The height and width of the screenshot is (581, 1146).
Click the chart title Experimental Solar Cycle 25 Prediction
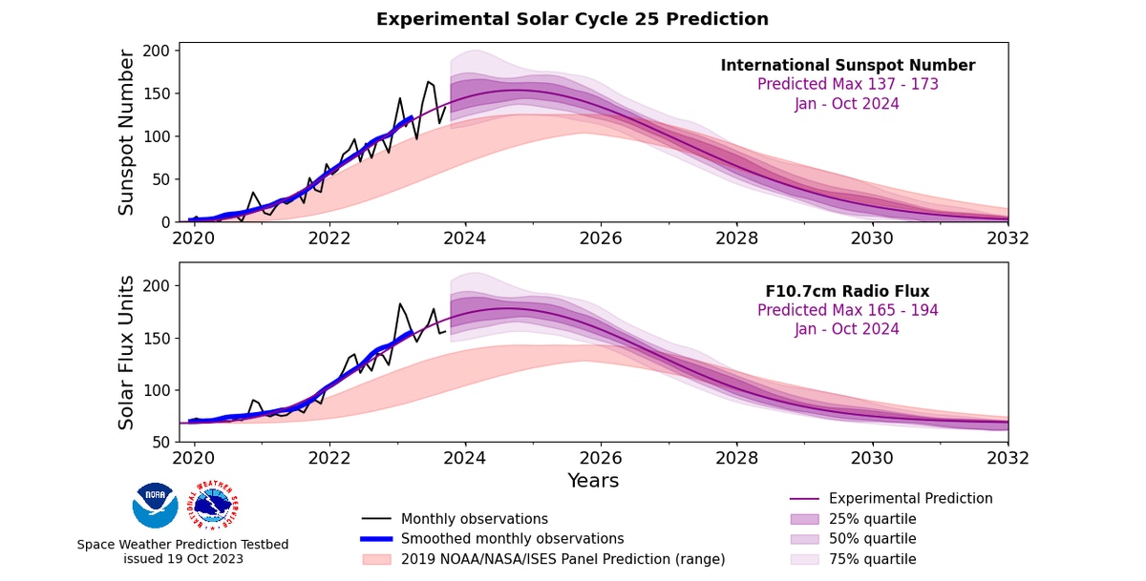point(572,19)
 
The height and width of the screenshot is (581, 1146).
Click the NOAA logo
point(155,506)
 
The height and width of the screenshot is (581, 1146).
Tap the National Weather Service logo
point(215,505)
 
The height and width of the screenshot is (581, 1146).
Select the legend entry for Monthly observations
point(474,519)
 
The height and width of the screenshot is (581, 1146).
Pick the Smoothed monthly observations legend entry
point(512,539)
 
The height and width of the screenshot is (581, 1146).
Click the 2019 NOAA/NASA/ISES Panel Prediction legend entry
point(562,559)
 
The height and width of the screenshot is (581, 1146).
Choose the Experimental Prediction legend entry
point(910,499)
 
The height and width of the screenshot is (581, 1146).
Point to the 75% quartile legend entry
point(872,559)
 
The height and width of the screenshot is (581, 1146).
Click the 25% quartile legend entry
point(872,519)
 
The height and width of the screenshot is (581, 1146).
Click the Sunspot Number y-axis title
point(127,133)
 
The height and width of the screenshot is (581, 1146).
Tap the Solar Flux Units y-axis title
point(127,352)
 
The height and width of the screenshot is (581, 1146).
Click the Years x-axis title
point(593,481)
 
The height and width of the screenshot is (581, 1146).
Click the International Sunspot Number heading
point(847,66)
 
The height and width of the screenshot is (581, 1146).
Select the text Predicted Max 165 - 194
point(847,310)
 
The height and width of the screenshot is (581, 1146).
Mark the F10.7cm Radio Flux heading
point(847,291)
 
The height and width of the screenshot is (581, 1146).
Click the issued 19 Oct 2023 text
point(182,559)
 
